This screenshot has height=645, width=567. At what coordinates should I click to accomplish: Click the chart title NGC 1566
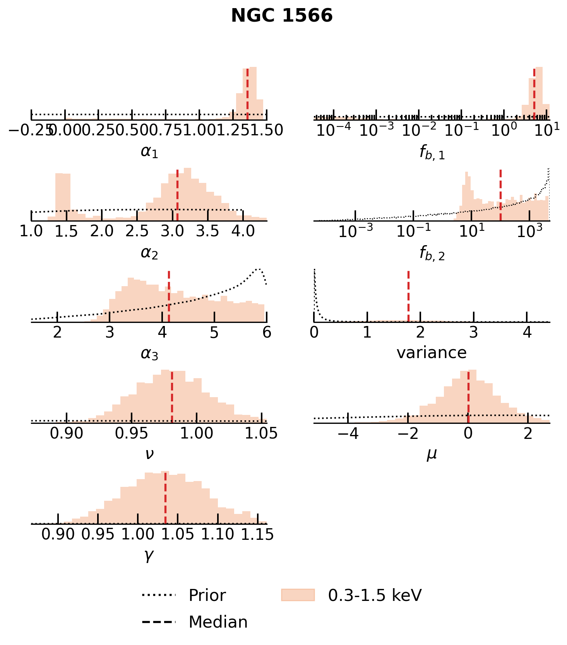(x=282, y=16)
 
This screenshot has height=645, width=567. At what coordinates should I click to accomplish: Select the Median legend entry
(x=218, y=622)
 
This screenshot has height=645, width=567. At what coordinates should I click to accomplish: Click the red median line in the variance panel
(x=408, y=296)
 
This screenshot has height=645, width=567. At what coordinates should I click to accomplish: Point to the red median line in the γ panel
(x=165, y=498)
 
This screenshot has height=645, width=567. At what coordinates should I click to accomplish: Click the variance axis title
(x=432, y=353)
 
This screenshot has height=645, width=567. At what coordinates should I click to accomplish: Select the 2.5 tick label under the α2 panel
(x=137, y=231)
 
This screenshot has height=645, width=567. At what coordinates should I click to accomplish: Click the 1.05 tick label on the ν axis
(x=261, y=433)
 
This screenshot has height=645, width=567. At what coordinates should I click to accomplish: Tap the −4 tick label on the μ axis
(x=348, y=433)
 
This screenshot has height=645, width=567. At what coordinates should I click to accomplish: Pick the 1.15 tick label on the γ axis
(x=257, y=534)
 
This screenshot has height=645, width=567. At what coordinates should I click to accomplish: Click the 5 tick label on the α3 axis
(x=214, y=333)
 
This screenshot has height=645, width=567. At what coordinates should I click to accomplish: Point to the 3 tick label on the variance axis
(x=474, y=333)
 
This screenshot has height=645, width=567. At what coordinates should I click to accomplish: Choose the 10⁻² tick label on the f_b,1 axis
(x=418, y=130)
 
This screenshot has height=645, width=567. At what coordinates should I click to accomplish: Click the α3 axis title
(x=149, y=353)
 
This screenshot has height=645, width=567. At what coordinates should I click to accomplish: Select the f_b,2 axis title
(x=432, y=253)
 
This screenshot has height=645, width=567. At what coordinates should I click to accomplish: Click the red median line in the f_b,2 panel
(x=500, y=195)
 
